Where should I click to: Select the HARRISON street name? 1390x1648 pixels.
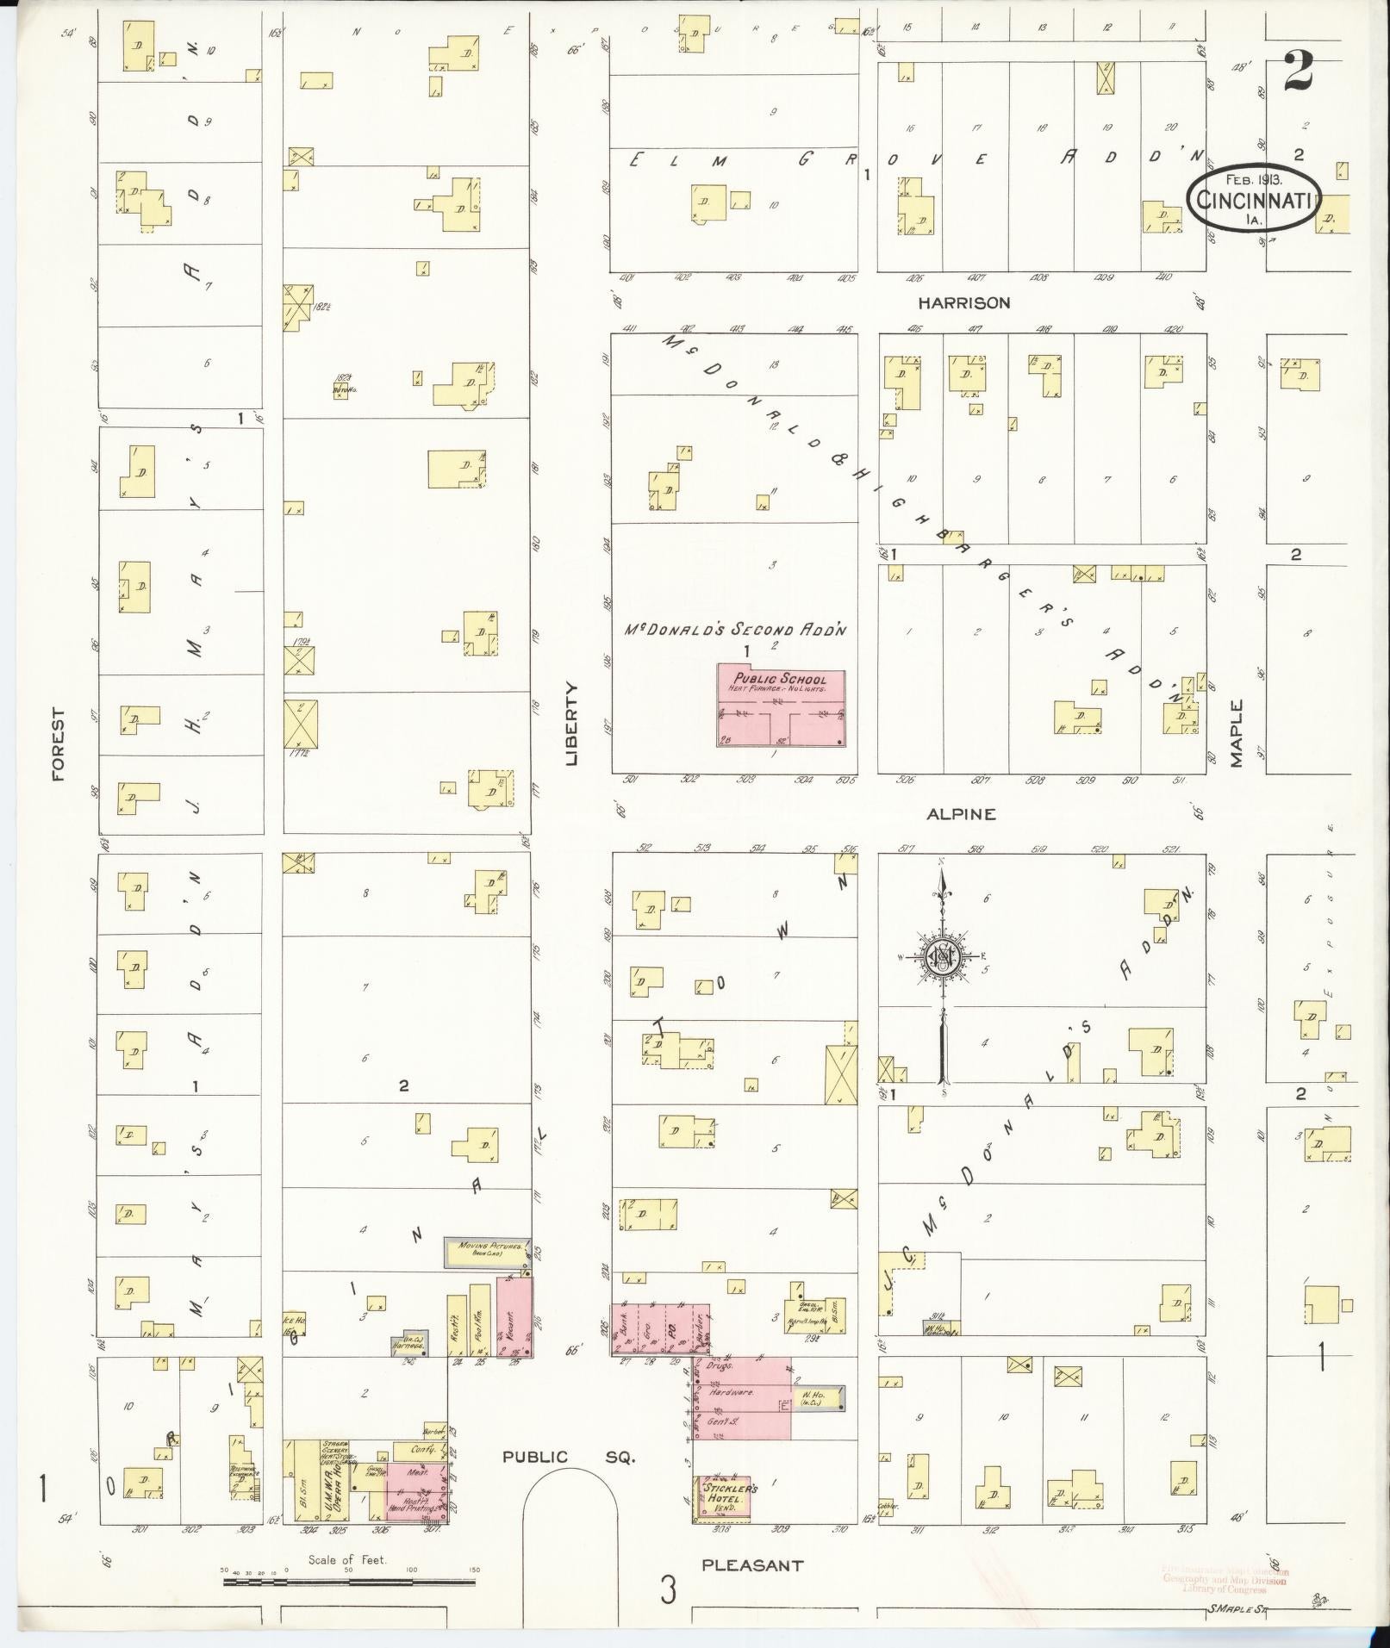pyautogui.click(x=963, y=303)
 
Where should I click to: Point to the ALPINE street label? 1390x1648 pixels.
pyautogui.click(x=962, y=813)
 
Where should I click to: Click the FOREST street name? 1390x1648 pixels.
pyautogui.click(x=59, y=744)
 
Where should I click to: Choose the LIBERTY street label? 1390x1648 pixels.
pyautogui.click(x=571, y=724)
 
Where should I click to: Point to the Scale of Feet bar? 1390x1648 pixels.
pyautogui.click(x=349, y=1582)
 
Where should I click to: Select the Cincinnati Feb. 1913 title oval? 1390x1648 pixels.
pyautogui.click(x=1253, y=199)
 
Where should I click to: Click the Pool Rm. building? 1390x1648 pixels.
pyautogui.click(x=479, y=1322)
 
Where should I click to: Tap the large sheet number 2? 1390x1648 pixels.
pyautogui.click(x=1297, y=72)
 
